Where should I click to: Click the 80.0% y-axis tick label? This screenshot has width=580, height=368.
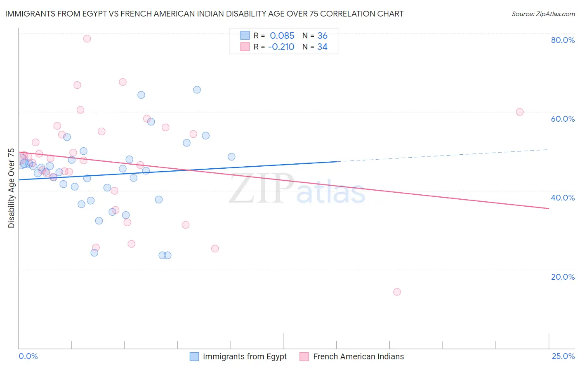(x=563, y=40)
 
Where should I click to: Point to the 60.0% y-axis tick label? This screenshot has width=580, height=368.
(x=563, y=119)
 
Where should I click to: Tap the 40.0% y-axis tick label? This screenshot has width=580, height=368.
(x=563, y=198)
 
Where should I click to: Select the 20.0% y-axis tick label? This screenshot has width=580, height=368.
(x=563, y=277)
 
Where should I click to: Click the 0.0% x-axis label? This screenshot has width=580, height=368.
(x=28, y=356)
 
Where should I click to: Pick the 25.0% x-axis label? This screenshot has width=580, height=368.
(x=563, y=356)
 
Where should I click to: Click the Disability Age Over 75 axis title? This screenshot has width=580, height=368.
(x=12, y=188)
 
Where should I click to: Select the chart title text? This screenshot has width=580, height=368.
(x=204, y=14)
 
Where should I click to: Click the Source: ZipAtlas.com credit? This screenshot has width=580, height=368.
(x=543, y=14)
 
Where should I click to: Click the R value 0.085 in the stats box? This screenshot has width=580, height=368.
(x=282, y=35)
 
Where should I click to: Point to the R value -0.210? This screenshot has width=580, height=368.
(x=281, y=47)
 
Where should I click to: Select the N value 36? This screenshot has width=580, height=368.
(x=322, y=35)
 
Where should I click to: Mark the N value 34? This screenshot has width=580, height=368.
(x=322, y=47)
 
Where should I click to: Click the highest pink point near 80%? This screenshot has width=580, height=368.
(x=87, y=39)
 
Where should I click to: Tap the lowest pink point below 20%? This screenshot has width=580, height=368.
(x=397, y=292)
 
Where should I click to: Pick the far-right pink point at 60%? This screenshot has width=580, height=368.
(x=520, y=112)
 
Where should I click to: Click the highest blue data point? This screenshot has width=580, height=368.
(x=197, y=90)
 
